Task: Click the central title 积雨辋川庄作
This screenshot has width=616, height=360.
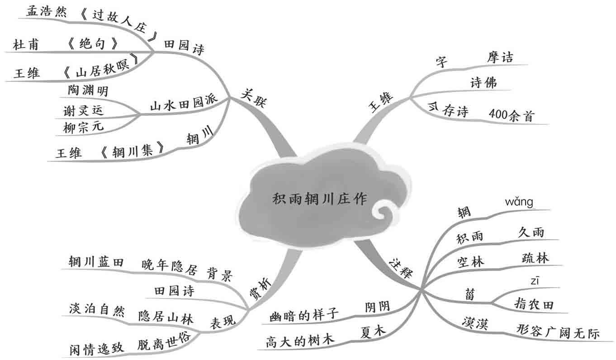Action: click(320, 199)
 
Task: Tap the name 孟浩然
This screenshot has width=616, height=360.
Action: click(46, 12)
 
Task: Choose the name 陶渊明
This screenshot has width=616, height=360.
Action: click(88, 91)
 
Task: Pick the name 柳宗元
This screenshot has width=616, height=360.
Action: click(84, 126)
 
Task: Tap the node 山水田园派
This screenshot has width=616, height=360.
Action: click(183, 104)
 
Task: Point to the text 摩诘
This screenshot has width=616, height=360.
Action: click(500, 57)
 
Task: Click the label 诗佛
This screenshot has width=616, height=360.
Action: click(483, 83)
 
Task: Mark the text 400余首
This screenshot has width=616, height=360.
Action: click(512, 115)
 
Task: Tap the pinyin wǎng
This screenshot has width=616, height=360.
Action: click(519, 202)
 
